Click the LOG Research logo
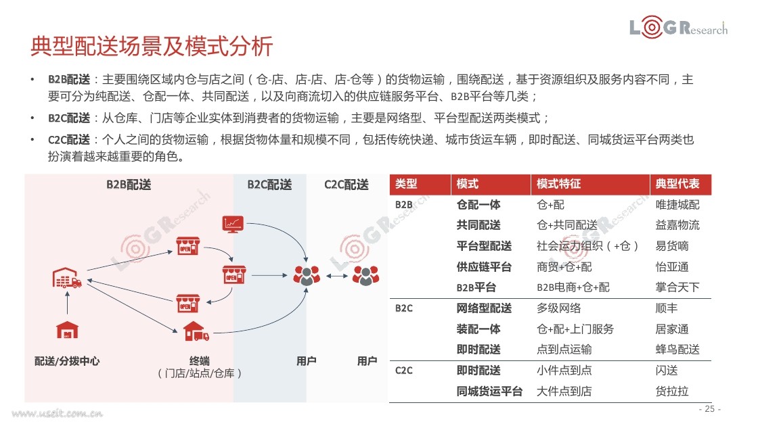(678, 27)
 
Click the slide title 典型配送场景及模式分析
(152, 47)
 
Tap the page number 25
(710, 408)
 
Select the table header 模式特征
(558, 184)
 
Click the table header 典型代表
(677, 184)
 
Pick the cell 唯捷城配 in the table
(677, 205)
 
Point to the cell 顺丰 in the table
(667, 308)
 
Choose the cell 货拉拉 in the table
(672, 392)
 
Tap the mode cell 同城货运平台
(489, 392)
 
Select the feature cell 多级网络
(559, 308)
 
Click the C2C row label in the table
(403, 371)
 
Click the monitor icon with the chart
(233, 224)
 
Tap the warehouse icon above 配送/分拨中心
(67, 331)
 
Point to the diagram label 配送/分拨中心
(67, 361)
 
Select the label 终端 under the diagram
(200, 361)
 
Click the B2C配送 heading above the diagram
(270, 185)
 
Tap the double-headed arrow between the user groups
(336, 277)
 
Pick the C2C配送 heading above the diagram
(347, 185)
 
